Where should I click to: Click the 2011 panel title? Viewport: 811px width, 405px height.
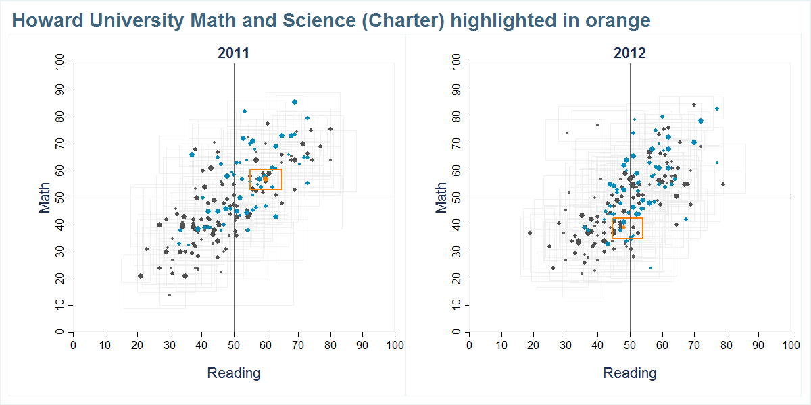[x=233, y=53]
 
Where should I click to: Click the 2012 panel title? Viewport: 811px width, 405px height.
[x=629, y=53]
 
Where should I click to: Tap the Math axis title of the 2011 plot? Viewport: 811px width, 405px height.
[x=45, y=198]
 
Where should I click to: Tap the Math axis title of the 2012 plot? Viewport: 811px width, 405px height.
[x=441, y=198]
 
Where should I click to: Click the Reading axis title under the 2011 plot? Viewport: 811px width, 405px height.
[x=233, y=373]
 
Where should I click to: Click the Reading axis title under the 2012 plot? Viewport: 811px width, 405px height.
[x=629, y=373]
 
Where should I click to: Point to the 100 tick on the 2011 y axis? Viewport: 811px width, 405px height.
[x=59, y=63]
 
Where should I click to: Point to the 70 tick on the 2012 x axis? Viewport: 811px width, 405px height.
[x=694, y=345]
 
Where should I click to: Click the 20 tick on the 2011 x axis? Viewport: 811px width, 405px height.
[x=137, y=345]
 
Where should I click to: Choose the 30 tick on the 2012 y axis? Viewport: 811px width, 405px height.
[x=456, y=252]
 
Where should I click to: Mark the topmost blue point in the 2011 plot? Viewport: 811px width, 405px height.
[x=295, y=102]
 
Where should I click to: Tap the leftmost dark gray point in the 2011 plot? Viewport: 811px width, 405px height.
[x=141, y=275]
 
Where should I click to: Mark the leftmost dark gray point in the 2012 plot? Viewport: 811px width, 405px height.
[x=530, y=233]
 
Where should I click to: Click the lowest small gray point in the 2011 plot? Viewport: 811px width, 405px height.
[x=170, y=295]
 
